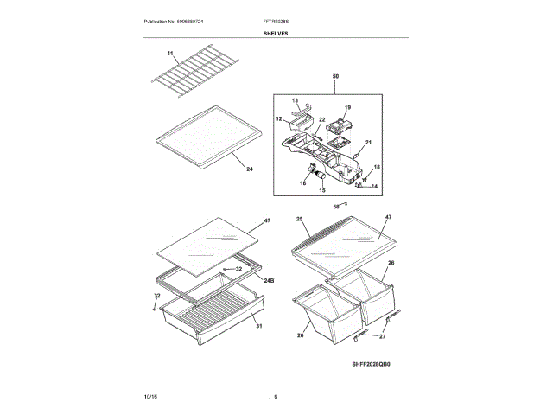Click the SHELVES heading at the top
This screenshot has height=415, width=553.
click(276, 34)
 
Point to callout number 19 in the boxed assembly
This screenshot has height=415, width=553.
click(348, 108)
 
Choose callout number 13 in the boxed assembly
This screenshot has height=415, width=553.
click(295, 101)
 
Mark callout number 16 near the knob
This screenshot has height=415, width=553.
click(304, 182)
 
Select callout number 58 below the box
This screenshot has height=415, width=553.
click(336, 207)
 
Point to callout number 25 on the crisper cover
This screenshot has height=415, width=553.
click(300, 220)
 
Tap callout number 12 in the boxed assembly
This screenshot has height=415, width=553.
click(279, 119)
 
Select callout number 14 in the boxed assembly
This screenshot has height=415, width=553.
click(375, 186)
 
